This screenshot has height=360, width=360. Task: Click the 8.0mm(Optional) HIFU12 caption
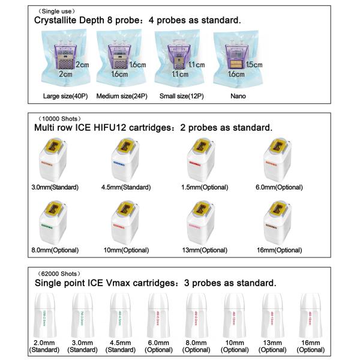coord(63,249)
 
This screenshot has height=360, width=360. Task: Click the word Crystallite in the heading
coord(61,20)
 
